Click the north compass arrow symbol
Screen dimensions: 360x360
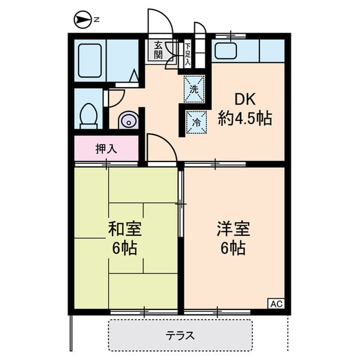(83, 20)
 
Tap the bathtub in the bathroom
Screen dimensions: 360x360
(90, 60)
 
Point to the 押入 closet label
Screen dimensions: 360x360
(106, 149)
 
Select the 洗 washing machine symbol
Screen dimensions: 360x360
(194, 89)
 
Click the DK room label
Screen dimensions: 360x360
(245, 100)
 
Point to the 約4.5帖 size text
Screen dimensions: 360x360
(245, 119)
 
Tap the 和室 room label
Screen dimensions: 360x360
(125, 229)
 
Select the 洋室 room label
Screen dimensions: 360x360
(234, 229)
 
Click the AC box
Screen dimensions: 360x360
(276, 304)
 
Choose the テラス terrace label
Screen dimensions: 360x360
(180, 336)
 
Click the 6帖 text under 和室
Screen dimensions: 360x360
(125, 248)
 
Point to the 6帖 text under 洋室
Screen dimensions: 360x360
(233, 248)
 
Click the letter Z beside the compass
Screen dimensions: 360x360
(97, 20)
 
